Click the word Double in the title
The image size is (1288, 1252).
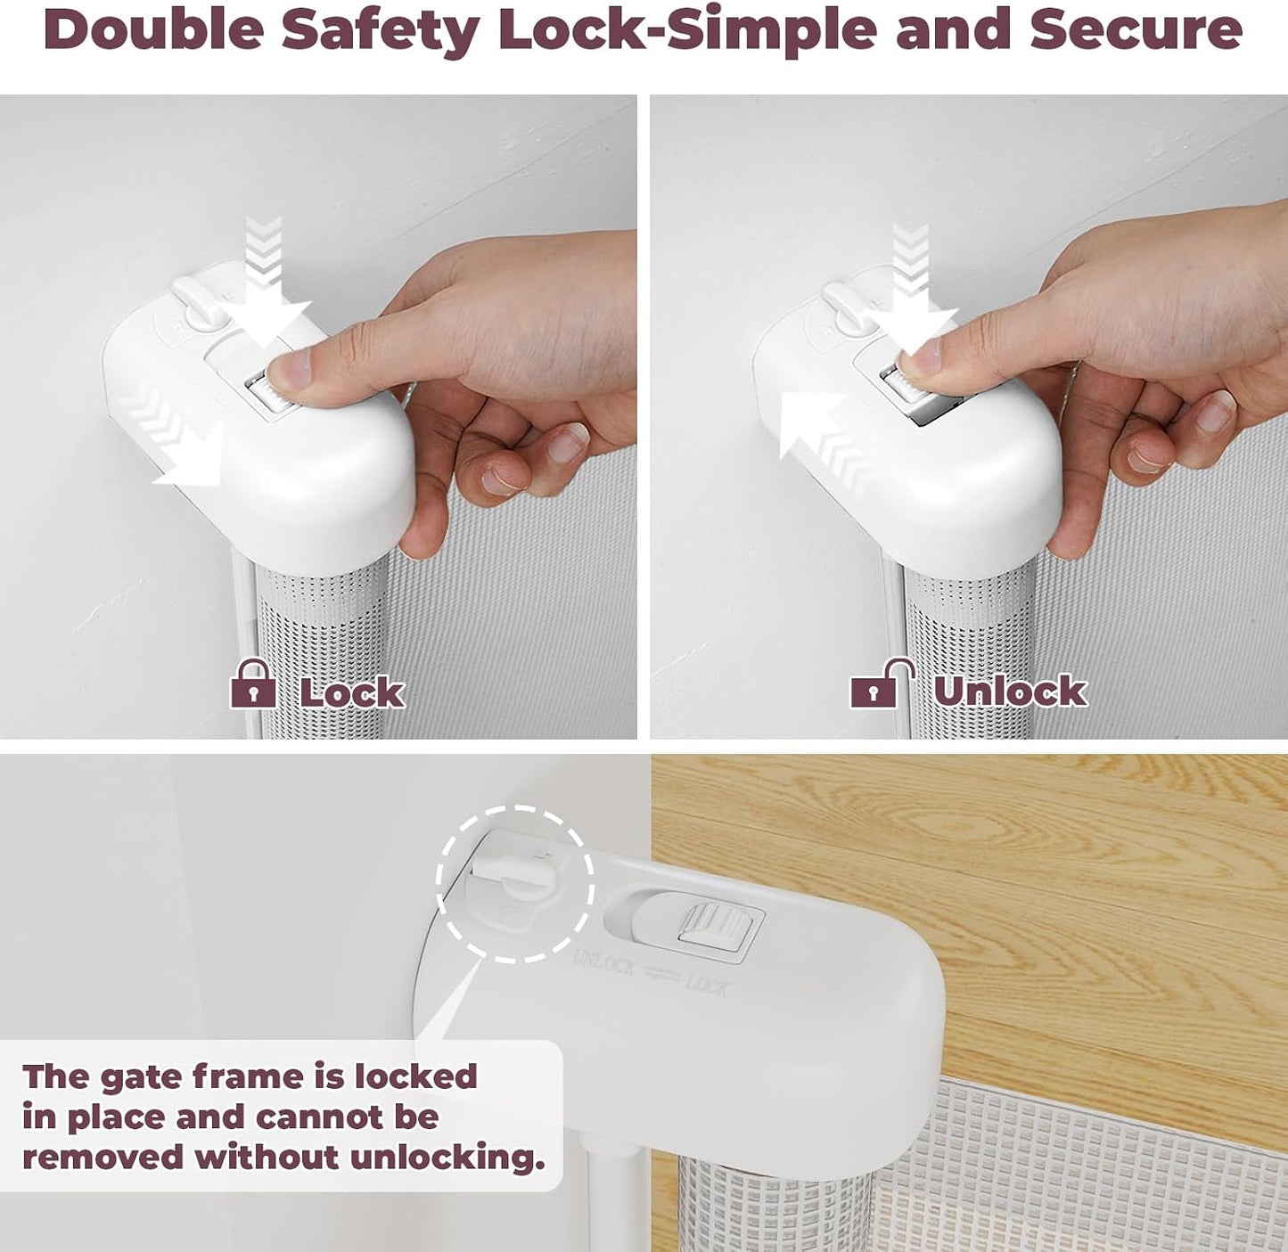tap(155, 30)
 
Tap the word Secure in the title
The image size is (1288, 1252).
tap(1135, 30)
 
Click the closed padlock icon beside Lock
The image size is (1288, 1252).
tap(253, 683)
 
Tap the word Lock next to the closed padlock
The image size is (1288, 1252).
tap(352, 693)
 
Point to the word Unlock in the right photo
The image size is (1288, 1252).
tap(1011, 691)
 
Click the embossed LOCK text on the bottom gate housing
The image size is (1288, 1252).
tap(707, 986)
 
